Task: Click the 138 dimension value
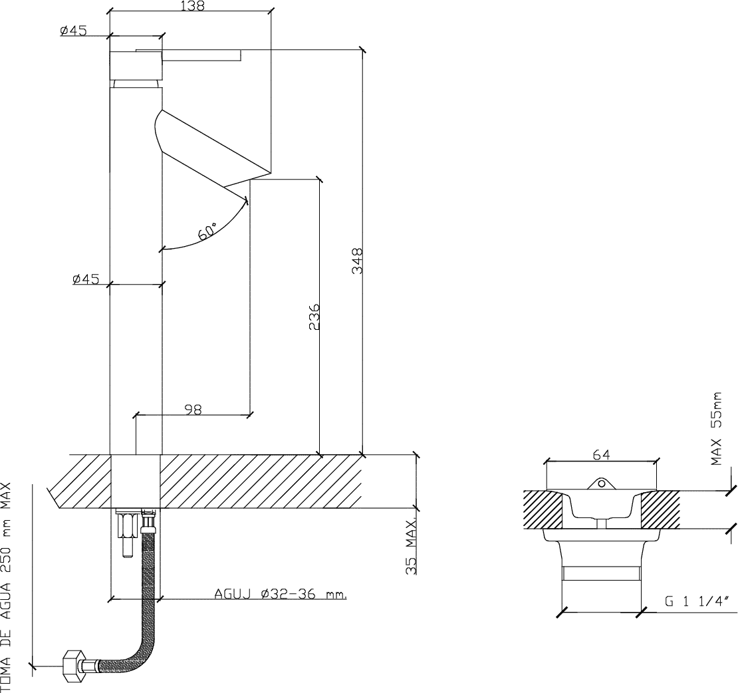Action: click(x=193, y=5)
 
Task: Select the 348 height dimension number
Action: click(x=358, y=261)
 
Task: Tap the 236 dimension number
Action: click(x=314, y=317)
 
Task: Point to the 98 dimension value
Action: click(x=193, y=410)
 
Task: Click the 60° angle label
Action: click(x=207, y=231)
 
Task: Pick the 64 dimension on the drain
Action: click(x=601, y=455)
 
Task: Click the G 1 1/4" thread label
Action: click(x=697, y=601)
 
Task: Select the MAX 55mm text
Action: click(x=716, y=428)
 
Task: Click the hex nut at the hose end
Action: click(x=74, y=666)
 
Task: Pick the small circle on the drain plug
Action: click(x=600, y=483)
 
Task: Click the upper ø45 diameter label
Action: click(x=73, y=31)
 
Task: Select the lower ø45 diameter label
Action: click(x=86, y=279)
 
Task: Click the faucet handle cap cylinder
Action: click(x=136, y=65)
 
